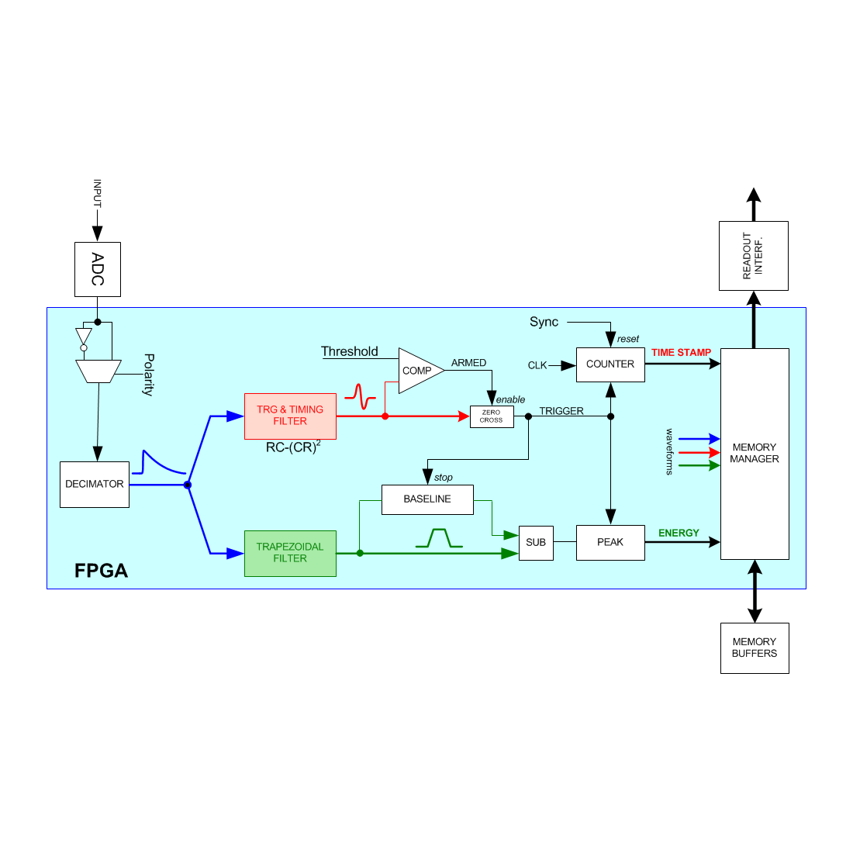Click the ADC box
pyautogui.click(x=98, y=269)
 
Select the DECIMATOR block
pyautogui.click(x=95, y=485)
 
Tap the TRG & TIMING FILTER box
pyautogui.click(x=290, y=416)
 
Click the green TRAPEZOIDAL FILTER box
pyautogui.click(x=290, y=553)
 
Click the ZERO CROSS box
pyautogui.click(x=492, y=416)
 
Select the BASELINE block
pyautogui.click(x=427, y=499)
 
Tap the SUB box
pyautogui.click(x=536, y=543)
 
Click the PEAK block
pyautogui.click(x=610, y=543)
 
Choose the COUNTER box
pyautogui.click(x=610, y=364)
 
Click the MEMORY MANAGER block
pyautogui.click(x=755, y=454)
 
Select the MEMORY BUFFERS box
pyautogui.click(x=755, y=648)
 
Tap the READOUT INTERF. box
pyautogui.click(x=754, y=256)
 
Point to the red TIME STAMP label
pyautogui.click(x=681, y=353)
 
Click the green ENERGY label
pyautogui.click(x=679, y=534)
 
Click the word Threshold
pyautogui.click(x=350, y=352)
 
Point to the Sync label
pyautogui.click(x=544, y=322)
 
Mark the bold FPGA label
pyautogui.click(x=101, y=571)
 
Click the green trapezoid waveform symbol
pyautogui.click(x=439, y=538)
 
